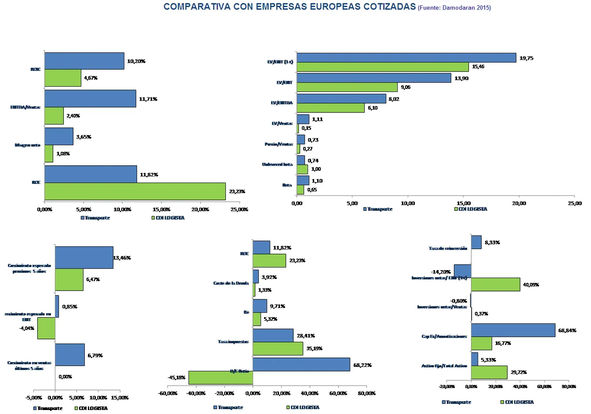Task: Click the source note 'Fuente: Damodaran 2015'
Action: (x=454, y=8)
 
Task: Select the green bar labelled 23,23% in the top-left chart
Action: (x=135, y=191)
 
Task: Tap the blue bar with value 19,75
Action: (x=406, y=58)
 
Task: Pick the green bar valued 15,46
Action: (x=382, y=67)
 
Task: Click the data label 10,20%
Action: (x=136, y=61)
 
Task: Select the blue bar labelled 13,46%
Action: (x=84, y=258)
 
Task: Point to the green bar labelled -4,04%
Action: (x=46, y=328)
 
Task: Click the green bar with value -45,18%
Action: (x=221, y=378)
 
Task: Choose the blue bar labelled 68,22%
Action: (x=301, y=365)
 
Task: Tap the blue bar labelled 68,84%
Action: (x=513, y=330)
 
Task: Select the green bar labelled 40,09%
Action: (x=495, y=284)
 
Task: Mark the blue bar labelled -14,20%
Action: (x=462, y=271)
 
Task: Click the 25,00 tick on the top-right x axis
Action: (x=575, y=203)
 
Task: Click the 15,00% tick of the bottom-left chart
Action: (x=120, y=398)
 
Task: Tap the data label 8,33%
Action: (x=492, y=243)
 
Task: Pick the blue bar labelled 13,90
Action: (x=374, y=78)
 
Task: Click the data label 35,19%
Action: (x=314, y=349)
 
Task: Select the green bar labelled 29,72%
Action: (x=489, y=372)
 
